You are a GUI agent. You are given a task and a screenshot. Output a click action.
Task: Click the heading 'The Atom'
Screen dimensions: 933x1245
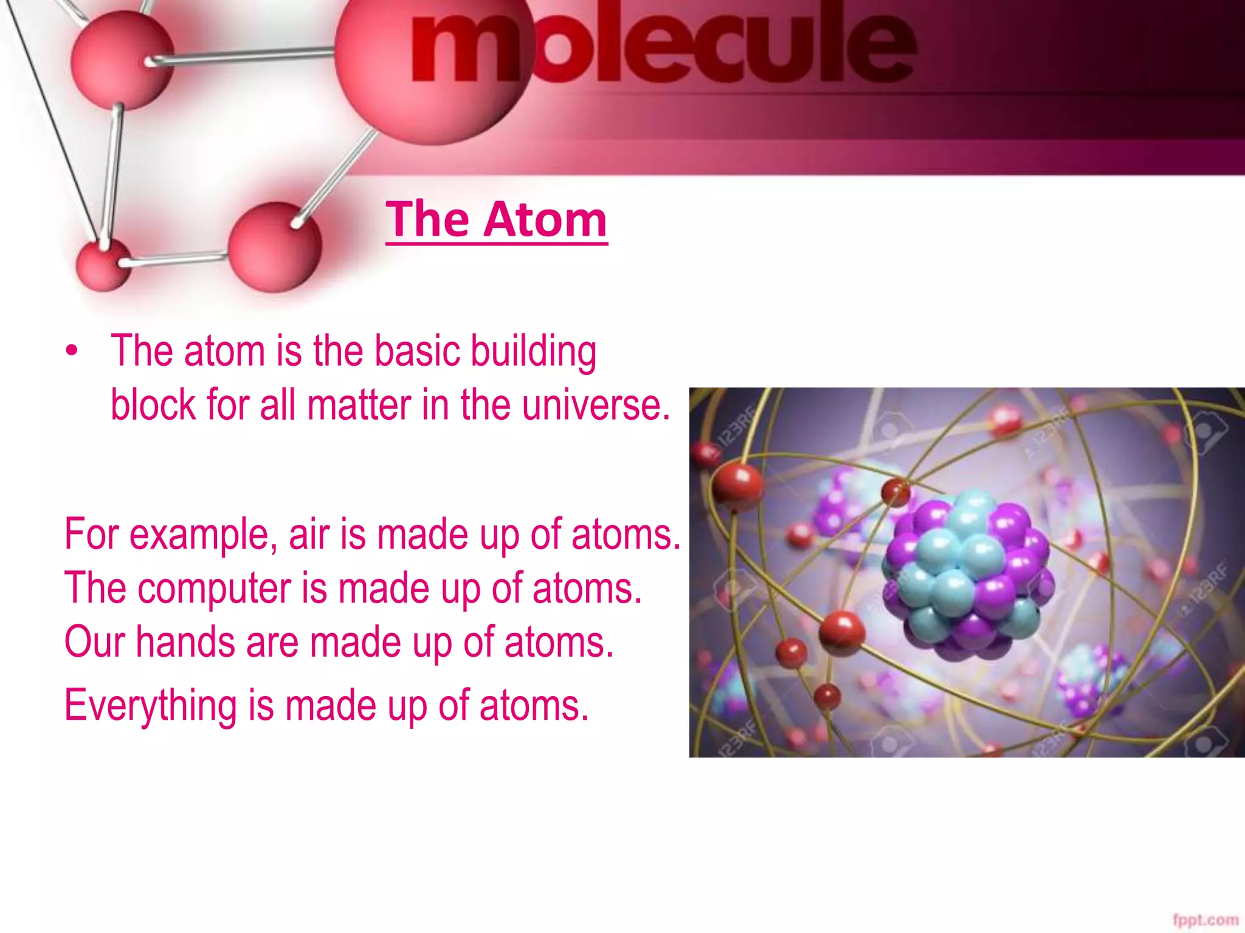tap(496, 219)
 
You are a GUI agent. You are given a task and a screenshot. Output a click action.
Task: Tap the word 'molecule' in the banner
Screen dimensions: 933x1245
tap(663, 46)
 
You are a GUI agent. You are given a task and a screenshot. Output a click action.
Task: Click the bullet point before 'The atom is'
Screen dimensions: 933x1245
tap(72, 352)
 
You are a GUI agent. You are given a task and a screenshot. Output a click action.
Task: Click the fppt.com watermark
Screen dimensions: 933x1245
tap(1205, 920)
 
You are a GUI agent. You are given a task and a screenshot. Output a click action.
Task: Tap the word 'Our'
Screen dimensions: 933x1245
tap(94, 642)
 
